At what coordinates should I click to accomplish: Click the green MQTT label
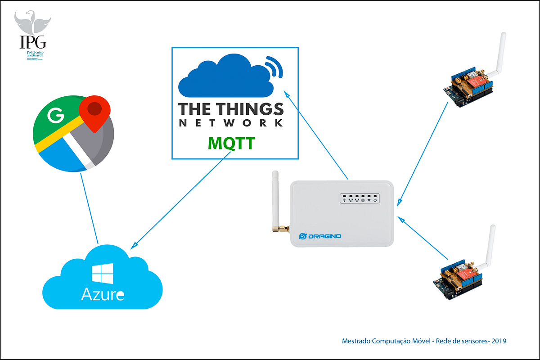point(231,144)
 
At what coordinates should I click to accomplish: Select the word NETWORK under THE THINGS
point(231,123)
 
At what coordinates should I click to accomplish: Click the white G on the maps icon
point(56,116)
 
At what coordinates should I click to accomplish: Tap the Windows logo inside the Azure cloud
point(102,274)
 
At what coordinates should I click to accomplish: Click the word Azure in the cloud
point(102,295)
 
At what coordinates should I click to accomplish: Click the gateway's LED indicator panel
point(360,198)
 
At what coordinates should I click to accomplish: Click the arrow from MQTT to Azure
point(180,200)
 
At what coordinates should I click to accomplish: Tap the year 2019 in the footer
point(499,341)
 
